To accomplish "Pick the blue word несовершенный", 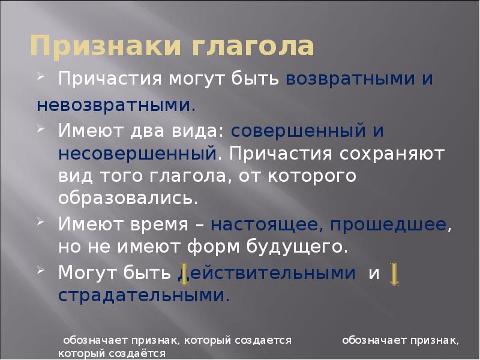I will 137,153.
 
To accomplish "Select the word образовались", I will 128,197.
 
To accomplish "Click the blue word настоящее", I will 259,224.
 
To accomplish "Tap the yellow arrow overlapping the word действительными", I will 185,274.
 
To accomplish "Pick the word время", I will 169,224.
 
